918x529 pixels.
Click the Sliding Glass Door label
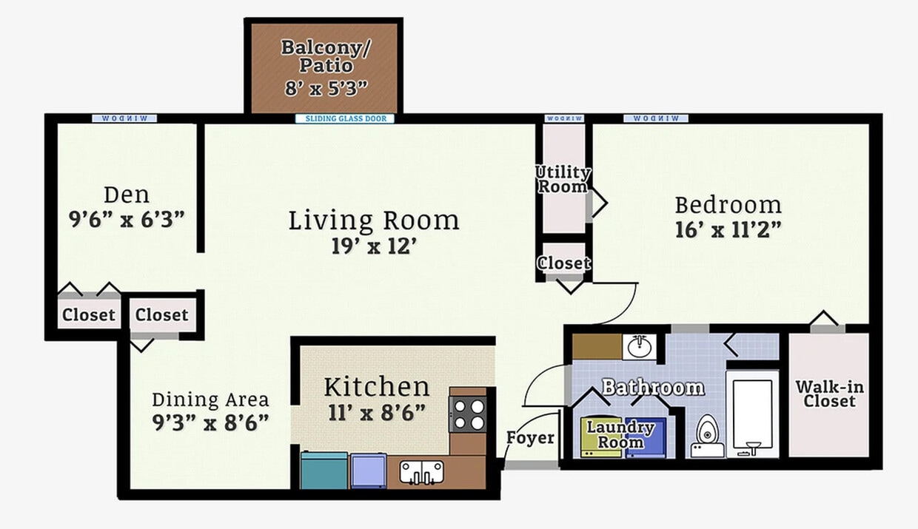[x=345, y=118]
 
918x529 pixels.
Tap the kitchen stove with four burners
[x=467, y=414]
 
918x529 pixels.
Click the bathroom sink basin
[x=639, y=346]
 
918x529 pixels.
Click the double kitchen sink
[x=421, y=472]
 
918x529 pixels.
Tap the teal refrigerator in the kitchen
[x=324, y=471]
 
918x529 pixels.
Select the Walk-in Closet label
[x=829, y=394]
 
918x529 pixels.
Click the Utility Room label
[x=563, y=180]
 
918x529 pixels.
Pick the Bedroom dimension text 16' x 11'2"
[x=728, y=230]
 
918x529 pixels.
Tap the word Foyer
[x=530, y=438]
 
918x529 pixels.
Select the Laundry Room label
[x=620, y=434]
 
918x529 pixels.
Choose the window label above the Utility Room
[x=564, y=118]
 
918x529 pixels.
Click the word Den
[x=127, y=195]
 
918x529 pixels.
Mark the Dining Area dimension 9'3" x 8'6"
[x=211, y=423]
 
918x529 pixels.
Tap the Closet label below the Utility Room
[x=563, y=263]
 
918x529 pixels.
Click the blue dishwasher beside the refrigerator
[x=369, y=471]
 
